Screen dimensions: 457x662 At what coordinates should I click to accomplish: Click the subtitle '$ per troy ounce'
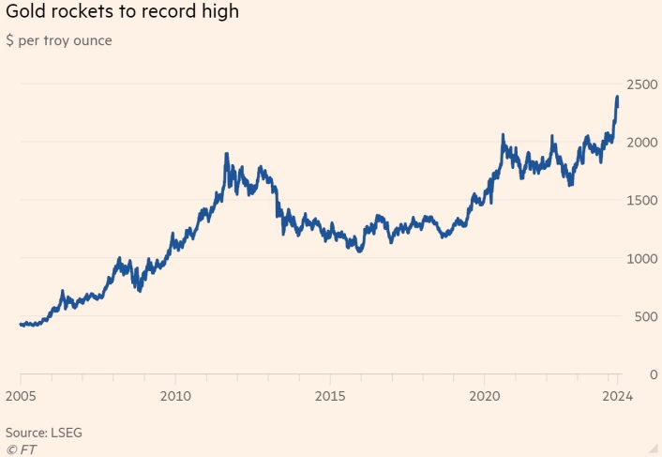coord(58,40)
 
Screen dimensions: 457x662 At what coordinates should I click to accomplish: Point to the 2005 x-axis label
coord(21,395)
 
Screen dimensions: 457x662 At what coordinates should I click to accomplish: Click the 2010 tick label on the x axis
coord(175,395)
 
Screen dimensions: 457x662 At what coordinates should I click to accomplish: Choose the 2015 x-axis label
coord(329,395)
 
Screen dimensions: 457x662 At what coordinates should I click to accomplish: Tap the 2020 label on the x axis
coord(484,395)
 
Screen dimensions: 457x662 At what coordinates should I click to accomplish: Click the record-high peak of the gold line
coord(617,97)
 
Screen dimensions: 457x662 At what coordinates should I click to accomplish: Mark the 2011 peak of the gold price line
coord(227,153)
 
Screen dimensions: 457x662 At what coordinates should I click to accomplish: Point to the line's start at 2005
coord(21,325)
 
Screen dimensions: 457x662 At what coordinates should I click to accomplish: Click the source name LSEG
coord(67,433)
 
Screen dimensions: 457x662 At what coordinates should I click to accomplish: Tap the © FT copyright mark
coord(21,449)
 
